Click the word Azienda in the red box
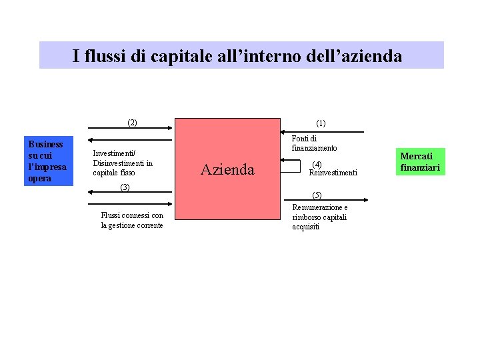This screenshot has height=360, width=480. tap(227, 170)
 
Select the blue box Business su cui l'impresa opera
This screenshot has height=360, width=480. tap(48, 161)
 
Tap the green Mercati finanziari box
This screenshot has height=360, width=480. tap(420, 162)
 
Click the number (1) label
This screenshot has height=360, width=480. tap(321, 123)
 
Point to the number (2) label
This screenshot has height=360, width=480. tap(132, 122)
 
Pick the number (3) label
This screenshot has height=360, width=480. tap(124, 187)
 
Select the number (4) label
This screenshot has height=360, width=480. tap(317, 164)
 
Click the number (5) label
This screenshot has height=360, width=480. tap(317, 195)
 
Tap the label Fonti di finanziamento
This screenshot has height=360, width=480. tap(314, 143)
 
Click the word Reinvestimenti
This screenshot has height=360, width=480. tap(333, 173)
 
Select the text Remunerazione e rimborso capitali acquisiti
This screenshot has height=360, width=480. tap(319, 217)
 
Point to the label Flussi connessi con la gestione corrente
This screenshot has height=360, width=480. tap(132, 220)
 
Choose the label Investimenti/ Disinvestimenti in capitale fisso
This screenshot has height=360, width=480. tap(123, 163)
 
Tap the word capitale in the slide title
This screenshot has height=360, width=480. tap(185, 56)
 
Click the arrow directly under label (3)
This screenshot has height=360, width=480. tap(131, 192)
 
